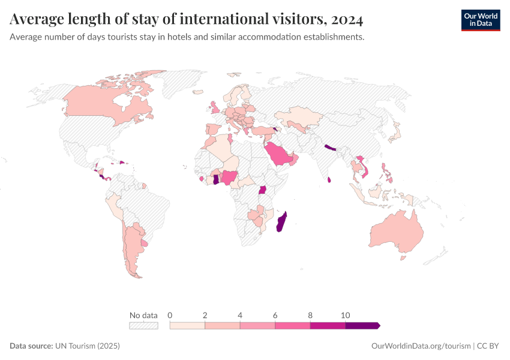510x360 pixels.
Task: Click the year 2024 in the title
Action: click(x=346, y=20)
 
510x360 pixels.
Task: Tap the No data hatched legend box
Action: click(x=143, y=325)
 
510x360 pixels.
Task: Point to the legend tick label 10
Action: click(x=346, y=315)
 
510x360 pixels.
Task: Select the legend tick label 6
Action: click(x=275, y=315)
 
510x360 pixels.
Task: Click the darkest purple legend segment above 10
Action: click(x=362, y=325)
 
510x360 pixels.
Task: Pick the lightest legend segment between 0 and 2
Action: click(x=187, y=325)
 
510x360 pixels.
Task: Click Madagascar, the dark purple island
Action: click(x=281, y=223)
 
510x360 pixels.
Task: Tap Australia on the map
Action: click(x=396, y=234)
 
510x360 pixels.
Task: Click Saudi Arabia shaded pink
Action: click(x=279, y=155)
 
